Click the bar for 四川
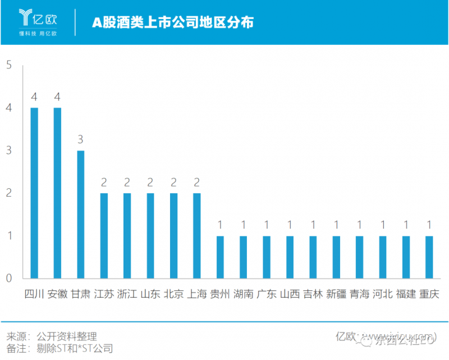(x=34, y=193)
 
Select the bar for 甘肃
(x=81, y=214)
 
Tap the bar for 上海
(x=196, y=235)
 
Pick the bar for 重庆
(x=429, y=257)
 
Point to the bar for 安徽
(x=57, y=193)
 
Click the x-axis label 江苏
(x=104, y=294)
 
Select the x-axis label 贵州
(x=220, y=294)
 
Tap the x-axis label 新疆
(x=336, y=294)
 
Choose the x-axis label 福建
(x=406, y=294)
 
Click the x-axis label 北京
(x=173, y=294)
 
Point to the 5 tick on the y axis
(x=8, y=65)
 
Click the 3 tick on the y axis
(x=8, y=151)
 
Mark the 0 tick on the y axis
(x=8, y=278)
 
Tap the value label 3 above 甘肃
(x=81, y=140)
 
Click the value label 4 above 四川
(x=34, y=97)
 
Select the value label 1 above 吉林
(x=313, y=225)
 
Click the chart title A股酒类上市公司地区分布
(x=173, y=22)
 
